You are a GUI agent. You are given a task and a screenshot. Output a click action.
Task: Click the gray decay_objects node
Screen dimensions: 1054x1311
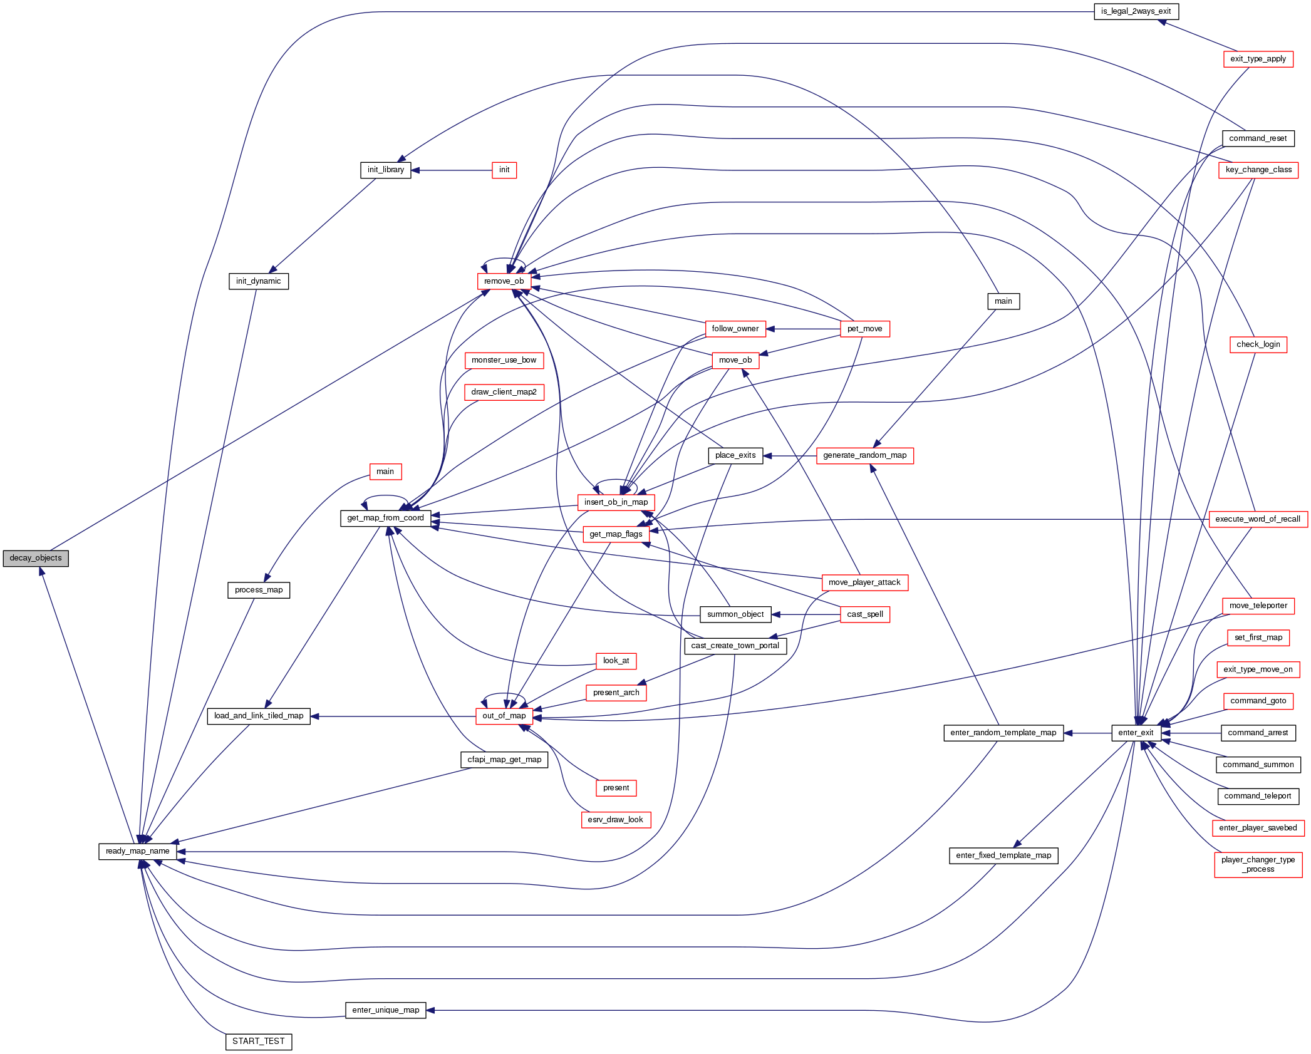click(36, 558)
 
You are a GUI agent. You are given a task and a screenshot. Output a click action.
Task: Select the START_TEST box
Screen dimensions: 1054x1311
click(258, 1041)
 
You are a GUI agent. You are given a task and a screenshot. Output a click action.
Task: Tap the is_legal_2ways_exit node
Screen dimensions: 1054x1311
click(1136, 11)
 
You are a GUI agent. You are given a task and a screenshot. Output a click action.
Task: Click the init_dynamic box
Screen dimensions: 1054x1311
click(258, 281)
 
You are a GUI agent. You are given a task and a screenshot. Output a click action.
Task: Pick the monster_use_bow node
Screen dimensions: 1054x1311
click(504, 360)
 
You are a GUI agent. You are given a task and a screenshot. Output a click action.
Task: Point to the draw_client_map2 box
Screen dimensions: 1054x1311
click(504, 392)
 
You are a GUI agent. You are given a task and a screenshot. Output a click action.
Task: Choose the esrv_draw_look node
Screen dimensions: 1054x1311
click(615, 820)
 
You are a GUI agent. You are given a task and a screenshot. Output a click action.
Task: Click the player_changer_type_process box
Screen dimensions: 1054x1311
click(1258, 864)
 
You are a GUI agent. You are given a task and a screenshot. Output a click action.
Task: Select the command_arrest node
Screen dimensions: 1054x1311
click(1258, 733)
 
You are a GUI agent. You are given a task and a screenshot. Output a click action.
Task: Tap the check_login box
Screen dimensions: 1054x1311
click(1258, 344)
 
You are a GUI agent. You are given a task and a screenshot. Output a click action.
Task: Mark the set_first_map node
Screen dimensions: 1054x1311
click(1258, 638)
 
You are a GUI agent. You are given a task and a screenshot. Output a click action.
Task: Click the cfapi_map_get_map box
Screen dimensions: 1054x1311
click(504, 760)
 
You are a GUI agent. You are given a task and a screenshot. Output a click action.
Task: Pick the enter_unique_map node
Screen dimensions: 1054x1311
click(385, 1010)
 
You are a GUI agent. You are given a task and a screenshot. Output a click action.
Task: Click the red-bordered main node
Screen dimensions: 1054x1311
click(385, 472)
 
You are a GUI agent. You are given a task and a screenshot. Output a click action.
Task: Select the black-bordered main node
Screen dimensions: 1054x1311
click(1003, 301)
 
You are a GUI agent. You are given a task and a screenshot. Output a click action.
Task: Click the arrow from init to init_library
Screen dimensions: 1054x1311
click(452, 170)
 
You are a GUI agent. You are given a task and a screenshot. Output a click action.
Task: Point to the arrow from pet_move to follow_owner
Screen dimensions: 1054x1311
click(802, 329)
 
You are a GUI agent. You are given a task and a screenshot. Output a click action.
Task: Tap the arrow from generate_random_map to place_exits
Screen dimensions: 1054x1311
click(789, 456)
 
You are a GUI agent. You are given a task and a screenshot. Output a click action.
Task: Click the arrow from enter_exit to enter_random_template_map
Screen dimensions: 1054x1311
click(1087, 733)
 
